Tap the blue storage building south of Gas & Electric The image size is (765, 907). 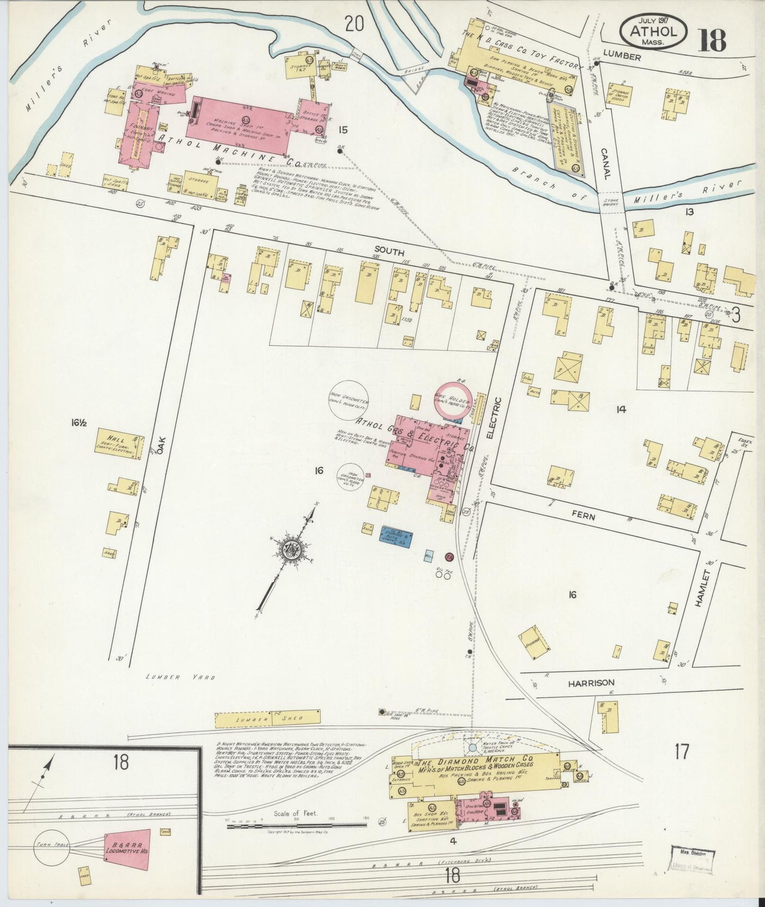click(397, 537)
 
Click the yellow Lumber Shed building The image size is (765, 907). click(267, 718)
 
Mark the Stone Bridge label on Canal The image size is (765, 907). click(608, 204)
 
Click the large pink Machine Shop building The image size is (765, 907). click(241, 126)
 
